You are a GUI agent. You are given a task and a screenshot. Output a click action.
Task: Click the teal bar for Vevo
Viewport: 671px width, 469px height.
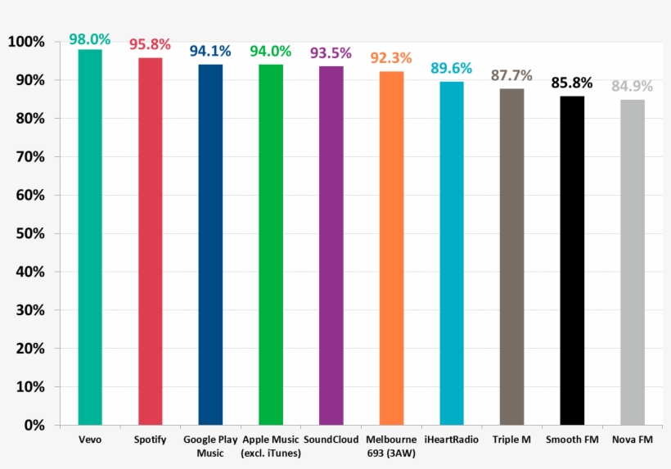click(90, 237)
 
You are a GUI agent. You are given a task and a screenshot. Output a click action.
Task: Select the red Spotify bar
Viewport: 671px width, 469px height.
click(151, 241)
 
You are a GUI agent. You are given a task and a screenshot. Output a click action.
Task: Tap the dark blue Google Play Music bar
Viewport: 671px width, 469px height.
click(210, 245)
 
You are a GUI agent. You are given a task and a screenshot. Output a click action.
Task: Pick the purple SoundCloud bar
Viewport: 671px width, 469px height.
click(331, 246)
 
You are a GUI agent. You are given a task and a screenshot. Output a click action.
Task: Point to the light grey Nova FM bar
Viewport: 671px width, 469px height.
click(633, 262)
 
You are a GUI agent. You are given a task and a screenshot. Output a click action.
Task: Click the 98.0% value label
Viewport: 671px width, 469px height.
click(90, 38)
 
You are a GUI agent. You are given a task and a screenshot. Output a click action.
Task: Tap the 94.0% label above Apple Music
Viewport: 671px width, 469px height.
click(271, 52)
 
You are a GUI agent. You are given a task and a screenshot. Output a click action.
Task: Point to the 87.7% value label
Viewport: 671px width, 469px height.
click(511, 76)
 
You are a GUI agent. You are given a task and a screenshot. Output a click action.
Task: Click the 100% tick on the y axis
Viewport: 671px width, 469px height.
click(27, 42)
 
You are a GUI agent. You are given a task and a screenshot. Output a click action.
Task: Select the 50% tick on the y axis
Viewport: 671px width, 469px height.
click(30, 233)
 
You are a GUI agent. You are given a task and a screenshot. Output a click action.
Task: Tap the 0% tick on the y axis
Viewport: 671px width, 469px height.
click(34, 426)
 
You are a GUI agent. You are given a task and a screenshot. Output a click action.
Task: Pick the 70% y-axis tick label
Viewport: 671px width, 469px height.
click(30, 156)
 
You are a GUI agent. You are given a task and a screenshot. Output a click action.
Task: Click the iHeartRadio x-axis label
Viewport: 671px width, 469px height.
click(452, 440)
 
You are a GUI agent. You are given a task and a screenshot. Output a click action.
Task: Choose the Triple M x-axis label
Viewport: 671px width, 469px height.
click(511, 440)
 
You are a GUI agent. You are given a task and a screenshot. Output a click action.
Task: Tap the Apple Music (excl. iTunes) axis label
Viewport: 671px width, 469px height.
click(271, 447)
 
